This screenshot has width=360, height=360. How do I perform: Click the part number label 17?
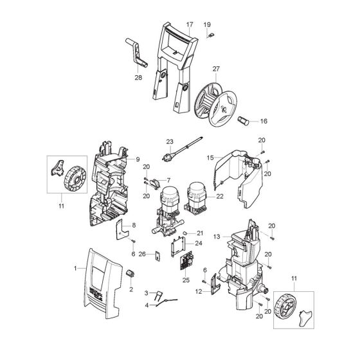coord(189,24)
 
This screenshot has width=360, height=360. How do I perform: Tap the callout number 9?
coord(137,159)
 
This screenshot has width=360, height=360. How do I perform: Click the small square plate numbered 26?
coord(153,254)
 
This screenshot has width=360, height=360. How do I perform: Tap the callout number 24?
coord(199,243)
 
